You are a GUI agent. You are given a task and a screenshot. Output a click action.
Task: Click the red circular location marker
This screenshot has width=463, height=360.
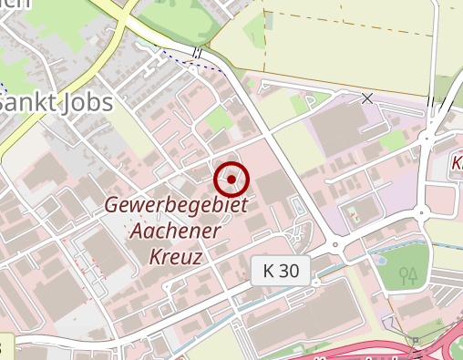232,180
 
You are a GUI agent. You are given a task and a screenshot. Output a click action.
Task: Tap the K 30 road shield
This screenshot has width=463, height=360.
280,270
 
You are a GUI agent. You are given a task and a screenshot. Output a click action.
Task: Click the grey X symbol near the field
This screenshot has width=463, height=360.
367,98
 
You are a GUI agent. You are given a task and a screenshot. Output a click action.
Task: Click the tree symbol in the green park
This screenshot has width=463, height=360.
408,273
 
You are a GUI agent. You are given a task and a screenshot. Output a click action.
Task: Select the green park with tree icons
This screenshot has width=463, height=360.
401,269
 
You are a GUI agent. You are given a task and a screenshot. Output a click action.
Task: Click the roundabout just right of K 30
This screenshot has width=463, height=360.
335,244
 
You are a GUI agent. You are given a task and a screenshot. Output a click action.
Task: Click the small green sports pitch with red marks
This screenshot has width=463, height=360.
352,214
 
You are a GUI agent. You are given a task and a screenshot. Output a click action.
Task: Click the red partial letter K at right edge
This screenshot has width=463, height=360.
458,165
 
